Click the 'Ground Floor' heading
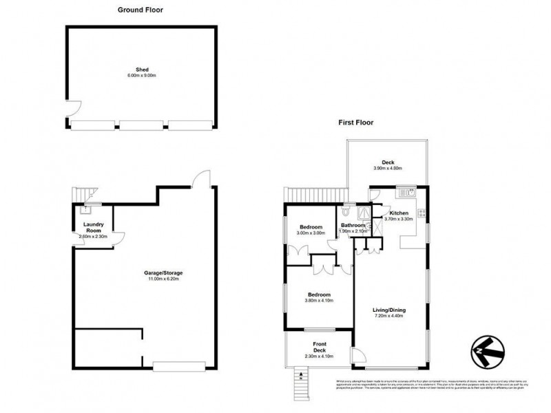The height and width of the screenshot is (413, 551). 141,10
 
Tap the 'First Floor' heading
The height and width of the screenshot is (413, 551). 355,123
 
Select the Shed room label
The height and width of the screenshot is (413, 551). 142,70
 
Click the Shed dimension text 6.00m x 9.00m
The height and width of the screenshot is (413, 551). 142,75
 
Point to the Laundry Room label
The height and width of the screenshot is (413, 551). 93,227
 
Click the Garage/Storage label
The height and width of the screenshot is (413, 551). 163,273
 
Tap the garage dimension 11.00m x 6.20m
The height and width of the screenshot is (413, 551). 163,279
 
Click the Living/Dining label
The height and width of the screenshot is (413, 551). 389,310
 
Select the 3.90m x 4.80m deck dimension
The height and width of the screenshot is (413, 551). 387,168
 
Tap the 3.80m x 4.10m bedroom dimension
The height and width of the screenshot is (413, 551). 319,300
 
